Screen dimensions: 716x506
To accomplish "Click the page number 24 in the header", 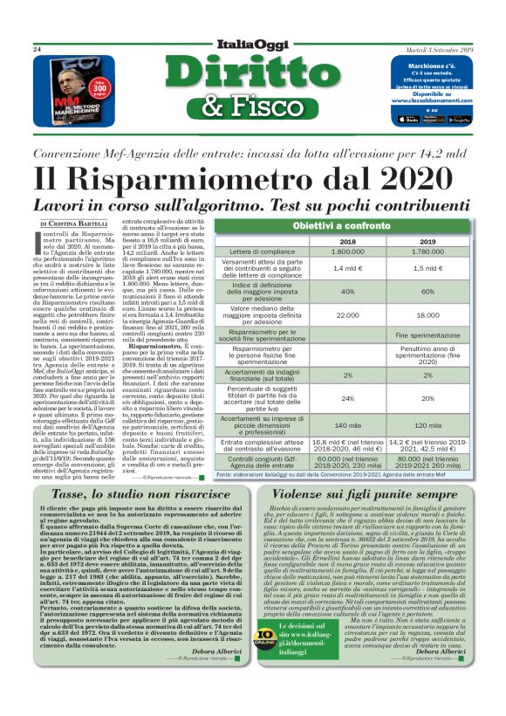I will pos(38,50).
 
